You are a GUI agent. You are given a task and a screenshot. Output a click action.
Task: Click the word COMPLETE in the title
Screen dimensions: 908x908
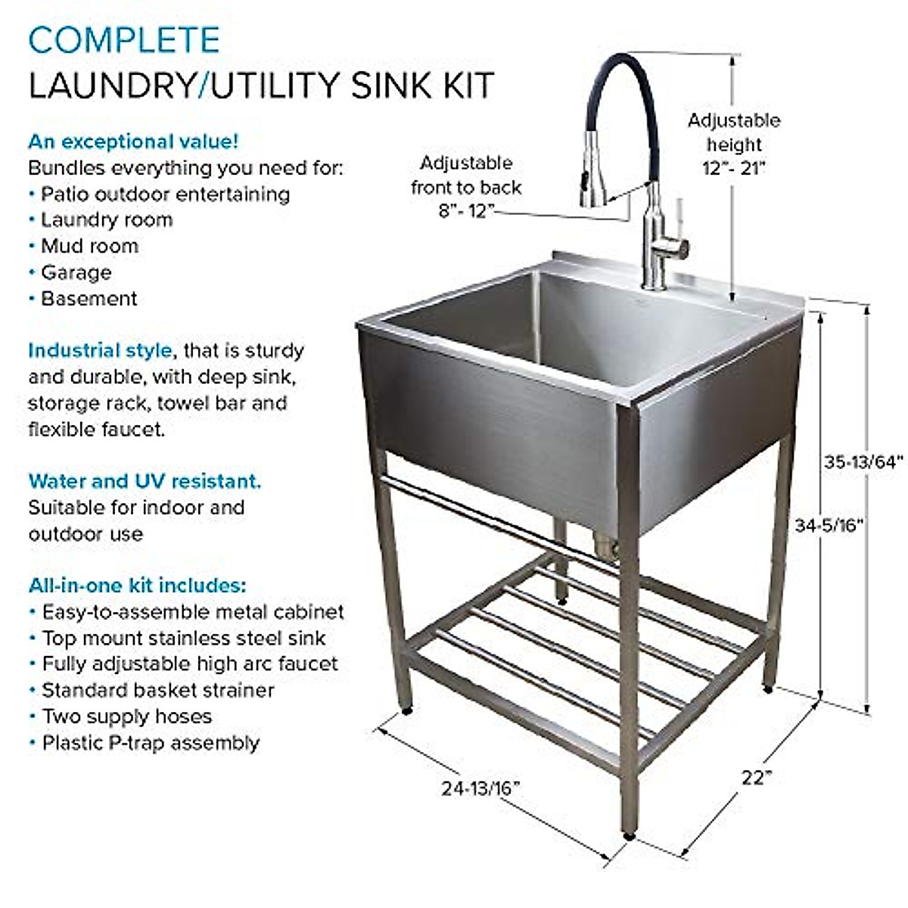[x=124, y=40]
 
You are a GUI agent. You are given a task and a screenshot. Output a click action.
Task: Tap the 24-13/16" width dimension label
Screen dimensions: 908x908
[x=480, y=788]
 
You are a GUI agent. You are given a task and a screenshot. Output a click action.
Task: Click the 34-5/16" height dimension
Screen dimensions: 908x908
[x=829, y=524]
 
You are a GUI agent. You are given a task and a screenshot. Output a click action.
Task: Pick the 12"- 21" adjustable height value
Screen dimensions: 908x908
[x=733, y=168]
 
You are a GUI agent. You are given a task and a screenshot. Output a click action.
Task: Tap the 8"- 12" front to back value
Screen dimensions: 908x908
[x=466, y=211]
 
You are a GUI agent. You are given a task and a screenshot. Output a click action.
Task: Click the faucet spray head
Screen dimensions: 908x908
[x=594, y=171]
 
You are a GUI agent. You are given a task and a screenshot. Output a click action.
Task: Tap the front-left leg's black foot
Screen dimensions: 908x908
[x=407, y=711]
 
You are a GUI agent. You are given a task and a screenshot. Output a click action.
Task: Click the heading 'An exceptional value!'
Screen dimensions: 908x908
[x=133, y=141]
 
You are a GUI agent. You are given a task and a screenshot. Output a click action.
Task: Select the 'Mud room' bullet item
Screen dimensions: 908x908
[x=89, y=246]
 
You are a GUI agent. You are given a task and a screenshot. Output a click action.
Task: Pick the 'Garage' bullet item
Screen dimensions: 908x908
[x=76, y=272]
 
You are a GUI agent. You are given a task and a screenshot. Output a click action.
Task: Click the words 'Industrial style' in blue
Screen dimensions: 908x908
[x=99, y=351]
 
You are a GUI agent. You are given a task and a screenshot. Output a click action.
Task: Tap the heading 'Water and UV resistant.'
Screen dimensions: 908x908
[x=145, y=481]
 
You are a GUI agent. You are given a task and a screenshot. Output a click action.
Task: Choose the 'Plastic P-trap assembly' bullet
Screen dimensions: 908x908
[x=150, y=742]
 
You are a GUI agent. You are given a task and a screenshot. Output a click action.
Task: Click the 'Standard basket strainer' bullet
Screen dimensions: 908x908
[x=157, y=690]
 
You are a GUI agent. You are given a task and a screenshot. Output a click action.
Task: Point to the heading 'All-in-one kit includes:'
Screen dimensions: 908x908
[x=137, y=585]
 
